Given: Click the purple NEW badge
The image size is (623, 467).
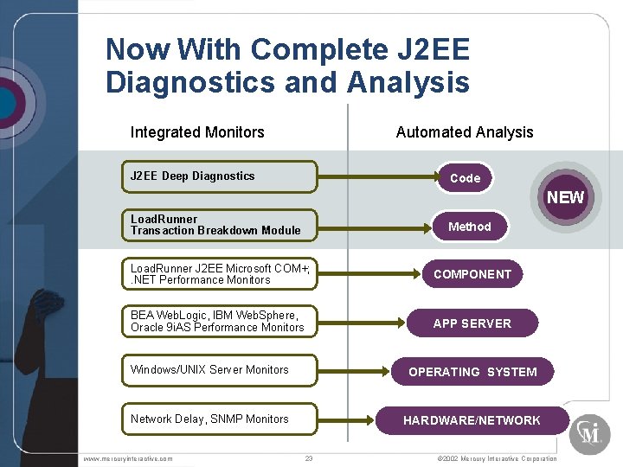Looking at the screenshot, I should [x=565, y=197].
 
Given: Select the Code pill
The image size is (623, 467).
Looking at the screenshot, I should [x=465, y=178].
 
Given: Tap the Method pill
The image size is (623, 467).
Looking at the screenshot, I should [x=470, y=227].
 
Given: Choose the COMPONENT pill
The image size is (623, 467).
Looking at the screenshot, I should [x=472, y=274].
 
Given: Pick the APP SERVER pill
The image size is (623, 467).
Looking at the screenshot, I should [x=472, y=323].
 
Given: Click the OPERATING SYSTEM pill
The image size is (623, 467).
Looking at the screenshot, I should [x=472, y=372].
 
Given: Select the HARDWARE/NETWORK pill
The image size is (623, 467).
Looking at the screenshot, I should [x=472, y=420].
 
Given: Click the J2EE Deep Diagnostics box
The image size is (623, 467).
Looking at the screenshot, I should [x=219, y=176].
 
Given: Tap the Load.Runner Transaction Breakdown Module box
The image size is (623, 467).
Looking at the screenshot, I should [x=219, y=225].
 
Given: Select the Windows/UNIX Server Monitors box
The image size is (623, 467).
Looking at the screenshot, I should [x=219, y=370].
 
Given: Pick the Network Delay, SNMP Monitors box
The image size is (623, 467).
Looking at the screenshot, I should [x=219, y=419].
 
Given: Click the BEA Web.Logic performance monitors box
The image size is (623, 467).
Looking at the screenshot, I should [x=219, y=322].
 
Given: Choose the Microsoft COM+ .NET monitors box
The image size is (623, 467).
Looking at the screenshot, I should [x=219, y=274].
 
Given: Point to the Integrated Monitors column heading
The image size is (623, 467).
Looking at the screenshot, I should [x=197, y=132].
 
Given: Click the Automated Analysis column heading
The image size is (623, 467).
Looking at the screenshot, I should [x=465, y=132].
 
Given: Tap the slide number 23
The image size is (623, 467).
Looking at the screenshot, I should [x=309, y=458].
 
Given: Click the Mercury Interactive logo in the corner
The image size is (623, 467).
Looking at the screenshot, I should [x=589, y=432].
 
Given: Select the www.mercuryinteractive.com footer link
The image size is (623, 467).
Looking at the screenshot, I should [x=128, y=458].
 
